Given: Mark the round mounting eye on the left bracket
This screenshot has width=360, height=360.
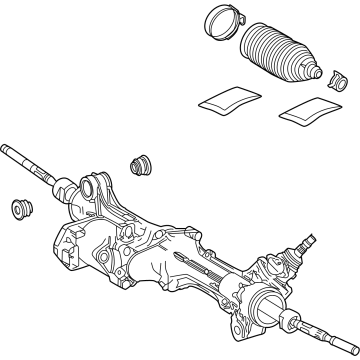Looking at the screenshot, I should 97,187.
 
